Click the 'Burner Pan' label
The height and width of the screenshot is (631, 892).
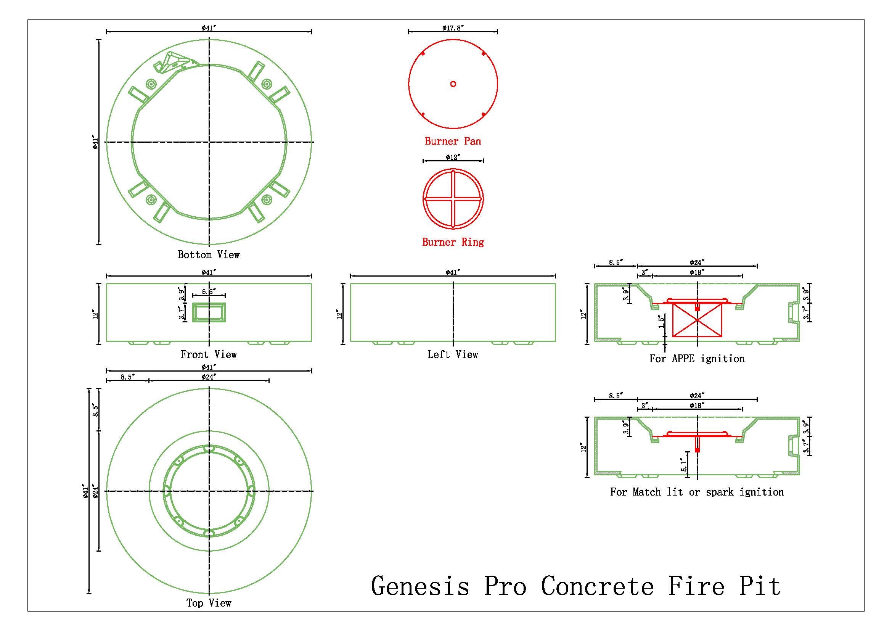coord(453,141)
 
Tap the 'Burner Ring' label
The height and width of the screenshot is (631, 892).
coord(453,242)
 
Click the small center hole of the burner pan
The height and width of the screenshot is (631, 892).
coord(453,84)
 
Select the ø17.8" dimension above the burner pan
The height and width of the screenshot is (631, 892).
coord(453,27)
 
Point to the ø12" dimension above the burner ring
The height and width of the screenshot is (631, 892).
coord(453,157)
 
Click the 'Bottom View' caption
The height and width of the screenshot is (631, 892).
coord(209,254)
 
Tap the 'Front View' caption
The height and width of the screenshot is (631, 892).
coord(209,354)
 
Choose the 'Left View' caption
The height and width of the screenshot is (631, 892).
coord(453,354)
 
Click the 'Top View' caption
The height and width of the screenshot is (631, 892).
coord(209,603)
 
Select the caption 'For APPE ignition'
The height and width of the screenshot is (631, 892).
coord(697,359)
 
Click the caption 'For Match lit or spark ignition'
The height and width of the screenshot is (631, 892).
coord(697,492)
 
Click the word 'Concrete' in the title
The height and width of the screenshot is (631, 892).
coord(597,586)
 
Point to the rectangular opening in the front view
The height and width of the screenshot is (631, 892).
coord(209,312)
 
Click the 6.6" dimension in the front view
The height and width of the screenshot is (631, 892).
coord(209,292)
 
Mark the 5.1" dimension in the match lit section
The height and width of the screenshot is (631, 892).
coord(684,464)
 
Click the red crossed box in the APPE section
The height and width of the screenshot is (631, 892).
coord(697,320)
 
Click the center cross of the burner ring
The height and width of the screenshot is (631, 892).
coord(453,198)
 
